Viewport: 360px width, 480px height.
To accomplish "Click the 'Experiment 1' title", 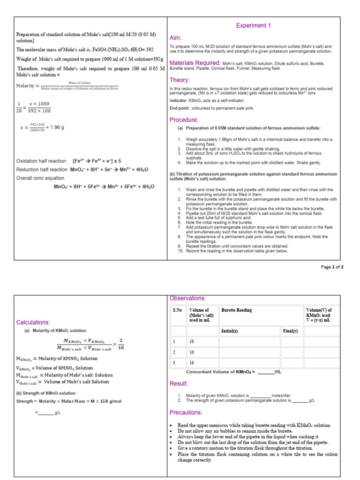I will (253, 25).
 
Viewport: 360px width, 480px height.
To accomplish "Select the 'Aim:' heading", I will (175, 37).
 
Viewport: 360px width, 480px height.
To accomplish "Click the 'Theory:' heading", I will (180, 80).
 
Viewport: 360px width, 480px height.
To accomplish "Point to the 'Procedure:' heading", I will (184, 120).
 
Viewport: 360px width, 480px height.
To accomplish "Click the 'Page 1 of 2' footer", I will (332, 267).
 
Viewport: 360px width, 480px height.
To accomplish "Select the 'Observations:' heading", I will (187, 299).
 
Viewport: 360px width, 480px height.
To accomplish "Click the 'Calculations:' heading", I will (33, 322).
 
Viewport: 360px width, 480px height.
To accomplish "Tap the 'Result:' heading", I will (179, 383).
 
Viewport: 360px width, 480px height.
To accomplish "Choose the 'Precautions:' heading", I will (186, 412).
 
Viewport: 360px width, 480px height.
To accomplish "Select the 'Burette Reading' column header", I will (236, 310).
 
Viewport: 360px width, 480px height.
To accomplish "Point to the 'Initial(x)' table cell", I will (229, 331).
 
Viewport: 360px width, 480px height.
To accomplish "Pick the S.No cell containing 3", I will (174, 362).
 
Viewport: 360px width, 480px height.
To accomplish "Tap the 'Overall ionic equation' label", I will (40, 178).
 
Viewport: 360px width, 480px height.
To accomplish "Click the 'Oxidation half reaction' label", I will (41, 161).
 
